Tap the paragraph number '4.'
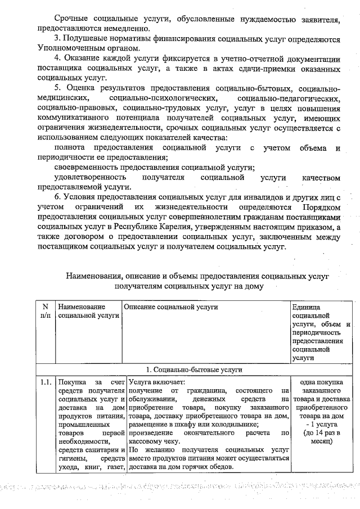coord(58,59)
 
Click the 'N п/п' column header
coord(46,311)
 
